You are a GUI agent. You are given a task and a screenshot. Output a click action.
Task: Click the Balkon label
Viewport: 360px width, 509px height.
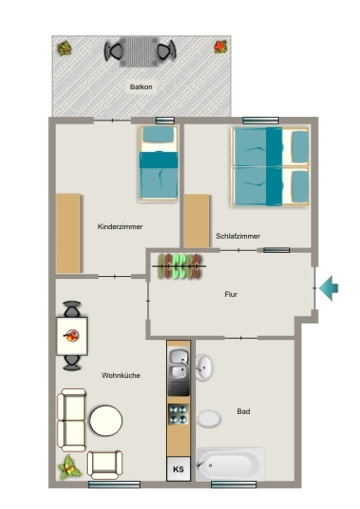coord(141,87)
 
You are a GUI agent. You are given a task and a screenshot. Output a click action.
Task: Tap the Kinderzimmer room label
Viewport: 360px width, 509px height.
coord(120,227)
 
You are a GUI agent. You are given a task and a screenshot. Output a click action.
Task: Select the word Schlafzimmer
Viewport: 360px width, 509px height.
coord(238,236)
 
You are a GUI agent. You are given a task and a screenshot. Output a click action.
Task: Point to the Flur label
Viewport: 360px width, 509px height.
coord(231,294)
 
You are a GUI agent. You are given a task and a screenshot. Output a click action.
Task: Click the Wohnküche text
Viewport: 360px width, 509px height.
coord(121,376)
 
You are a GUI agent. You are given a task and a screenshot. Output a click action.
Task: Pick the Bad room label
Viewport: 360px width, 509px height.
coord(244,411)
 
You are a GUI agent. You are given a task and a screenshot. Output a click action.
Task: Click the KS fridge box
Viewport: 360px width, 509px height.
coord(178,469)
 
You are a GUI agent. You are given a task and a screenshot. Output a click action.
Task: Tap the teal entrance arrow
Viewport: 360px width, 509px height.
coord(329,288)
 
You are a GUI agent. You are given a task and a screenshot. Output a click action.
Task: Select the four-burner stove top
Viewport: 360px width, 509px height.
coord(178,414)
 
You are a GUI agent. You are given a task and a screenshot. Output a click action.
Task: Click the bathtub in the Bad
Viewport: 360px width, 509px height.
coord(231,465)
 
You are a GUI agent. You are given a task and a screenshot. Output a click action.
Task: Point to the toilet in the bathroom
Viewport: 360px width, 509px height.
coord(209,419)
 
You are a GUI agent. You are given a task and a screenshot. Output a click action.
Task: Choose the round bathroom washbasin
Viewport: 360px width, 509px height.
coord(204,367)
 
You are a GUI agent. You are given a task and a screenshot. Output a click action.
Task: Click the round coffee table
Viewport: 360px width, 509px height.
coord(106,421)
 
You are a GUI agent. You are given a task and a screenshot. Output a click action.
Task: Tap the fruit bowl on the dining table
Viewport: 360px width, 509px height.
coord(71,336)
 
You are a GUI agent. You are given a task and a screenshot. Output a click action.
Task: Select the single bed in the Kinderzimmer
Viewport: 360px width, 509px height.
coord(159,163)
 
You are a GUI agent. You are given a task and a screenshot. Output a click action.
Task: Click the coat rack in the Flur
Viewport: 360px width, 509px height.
coord(179,266)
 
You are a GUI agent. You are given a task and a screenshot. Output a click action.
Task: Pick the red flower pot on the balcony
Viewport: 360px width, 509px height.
coord(220,47)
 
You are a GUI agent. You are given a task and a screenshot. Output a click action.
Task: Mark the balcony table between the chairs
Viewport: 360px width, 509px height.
coord(139,52)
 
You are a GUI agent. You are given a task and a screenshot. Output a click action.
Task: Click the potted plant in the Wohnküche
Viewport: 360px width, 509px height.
coord(69,468)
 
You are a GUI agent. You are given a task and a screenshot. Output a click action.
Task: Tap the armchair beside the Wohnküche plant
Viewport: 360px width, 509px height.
coord(104,465)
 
